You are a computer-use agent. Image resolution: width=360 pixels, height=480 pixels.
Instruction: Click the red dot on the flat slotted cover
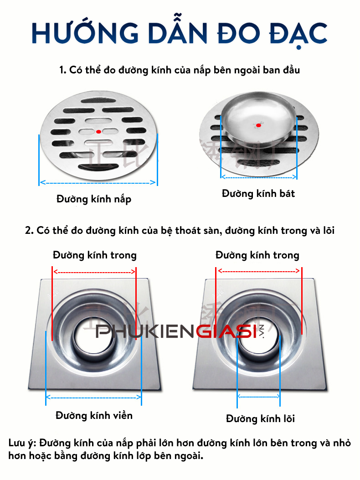[x=98, y=131]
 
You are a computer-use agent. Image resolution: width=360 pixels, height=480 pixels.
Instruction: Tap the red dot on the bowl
[x=258, y=125]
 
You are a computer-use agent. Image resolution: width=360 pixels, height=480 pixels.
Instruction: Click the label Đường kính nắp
[x=94, y=199]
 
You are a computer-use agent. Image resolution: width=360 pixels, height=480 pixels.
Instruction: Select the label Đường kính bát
[x=258, y=194]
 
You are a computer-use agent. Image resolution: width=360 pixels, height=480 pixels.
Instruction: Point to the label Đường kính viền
[x=94, y=415]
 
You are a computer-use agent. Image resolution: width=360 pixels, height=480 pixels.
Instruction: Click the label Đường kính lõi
[x=260, y=418]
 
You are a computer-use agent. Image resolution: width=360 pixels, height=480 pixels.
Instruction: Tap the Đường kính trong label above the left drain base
[x=94, y=255]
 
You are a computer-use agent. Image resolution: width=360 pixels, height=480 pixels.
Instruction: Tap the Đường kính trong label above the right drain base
[x=257, y=255]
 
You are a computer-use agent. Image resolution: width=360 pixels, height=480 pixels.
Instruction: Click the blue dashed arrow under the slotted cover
[x=98, y=182]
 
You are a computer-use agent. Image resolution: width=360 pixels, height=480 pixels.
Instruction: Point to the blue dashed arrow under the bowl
[x=258, y=178]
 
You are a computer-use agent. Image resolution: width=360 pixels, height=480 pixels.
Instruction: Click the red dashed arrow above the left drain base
[x=94, y=272]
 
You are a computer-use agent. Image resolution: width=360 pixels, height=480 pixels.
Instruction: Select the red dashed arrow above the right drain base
[x=258, y=271]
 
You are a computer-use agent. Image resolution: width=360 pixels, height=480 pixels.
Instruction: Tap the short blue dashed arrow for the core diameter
[x=258, y=397]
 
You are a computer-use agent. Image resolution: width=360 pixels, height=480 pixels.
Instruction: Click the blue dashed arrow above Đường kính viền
[x=94, y=398]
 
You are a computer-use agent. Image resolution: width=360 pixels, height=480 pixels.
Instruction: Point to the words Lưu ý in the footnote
[x=22, y=443]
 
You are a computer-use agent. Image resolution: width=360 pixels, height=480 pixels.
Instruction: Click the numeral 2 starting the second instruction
[x=28, y=231]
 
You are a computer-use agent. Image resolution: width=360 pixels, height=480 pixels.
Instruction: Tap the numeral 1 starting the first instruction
[x=62, y=71]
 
